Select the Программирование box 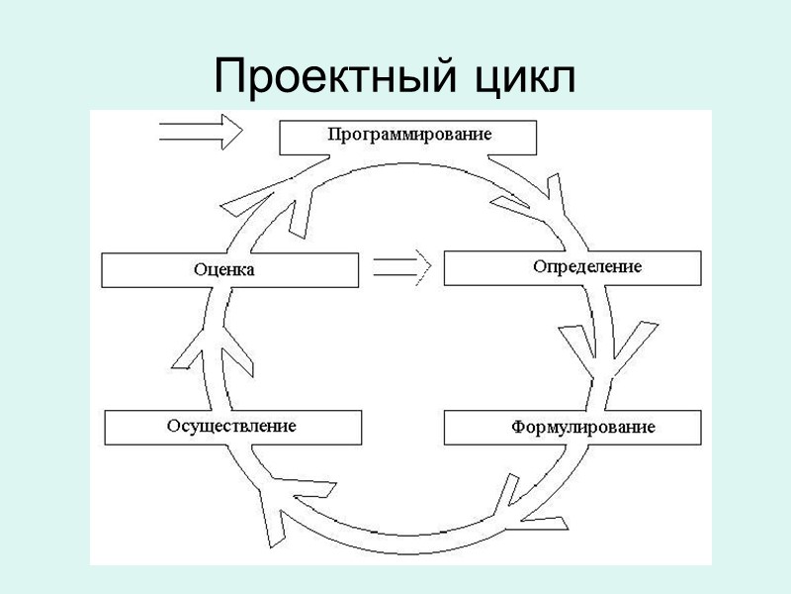[408, 137]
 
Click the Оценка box [230, 269]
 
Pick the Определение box [572, 267]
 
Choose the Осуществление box [232, 427]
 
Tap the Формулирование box [572, 428]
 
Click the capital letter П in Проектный [230, 77]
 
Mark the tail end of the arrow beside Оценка [375, 266]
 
